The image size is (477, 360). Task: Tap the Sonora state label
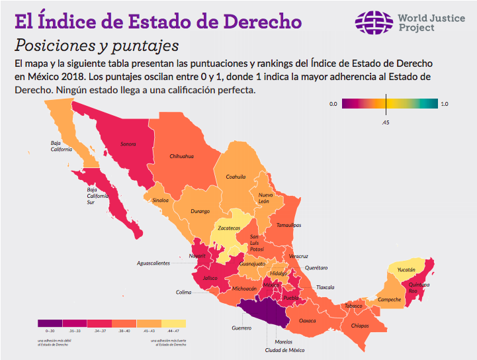pos(128,143)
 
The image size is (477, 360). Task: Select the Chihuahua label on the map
pos(181,156)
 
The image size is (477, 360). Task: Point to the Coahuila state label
pos(236,177)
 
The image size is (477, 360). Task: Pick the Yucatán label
pos(406,270)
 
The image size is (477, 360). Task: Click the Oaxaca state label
pos(308,320)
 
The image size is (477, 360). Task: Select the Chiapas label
pos(359,326)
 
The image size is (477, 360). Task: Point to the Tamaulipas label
pos(288,225)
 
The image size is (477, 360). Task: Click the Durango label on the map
pos(200,211)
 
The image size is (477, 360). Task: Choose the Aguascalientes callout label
pos(153,263)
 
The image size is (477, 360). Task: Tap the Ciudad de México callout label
pos(284,350)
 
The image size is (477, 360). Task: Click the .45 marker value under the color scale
pos(385,122)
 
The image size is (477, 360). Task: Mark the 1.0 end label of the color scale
pos(445,104)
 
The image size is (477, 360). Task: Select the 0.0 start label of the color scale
pos(333,104)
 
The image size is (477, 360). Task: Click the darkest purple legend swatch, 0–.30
pos(50,323)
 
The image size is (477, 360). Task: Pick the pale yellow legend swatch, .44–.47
pos(173,323)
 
